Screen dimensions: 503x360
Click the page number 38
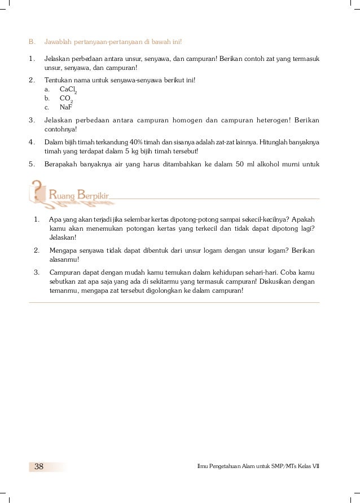point(39,466)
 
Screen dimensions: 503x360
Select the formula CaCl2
point(68,89)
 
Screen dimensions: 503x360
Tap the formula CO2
point(67,98)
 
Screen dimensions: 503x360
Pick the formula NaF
point(67,107)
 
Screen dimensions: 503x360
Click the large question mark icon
point(38,191)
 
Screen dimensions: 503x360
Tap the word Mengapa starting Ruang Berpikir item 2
point(63,250)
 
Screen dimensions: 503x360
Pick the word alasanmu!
point(64,259)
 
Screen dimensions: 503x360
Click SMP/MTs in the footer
point(276,466)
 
